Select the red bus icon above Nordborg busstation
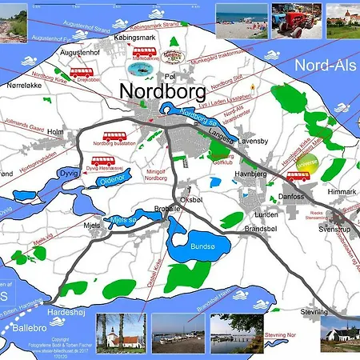(114, 136)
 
